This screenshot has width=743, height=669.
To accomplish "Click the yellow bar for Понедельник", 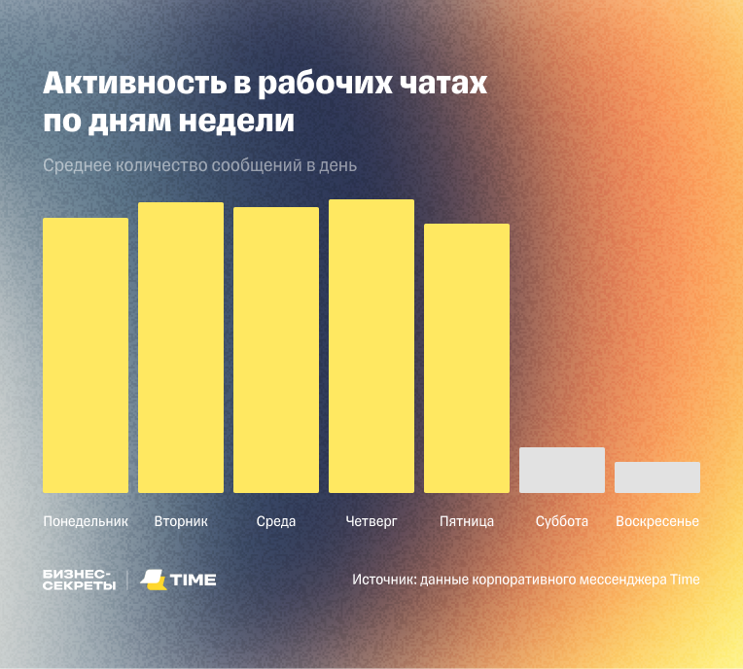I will click(86, 355).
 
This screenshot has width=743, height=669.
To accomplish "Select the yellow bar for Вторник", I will click(181, 347).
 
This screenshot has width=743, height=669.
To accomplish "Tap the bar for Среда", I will click(276, 350).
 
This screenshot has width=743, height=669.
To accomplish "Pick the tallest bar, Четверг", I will click(371, 346).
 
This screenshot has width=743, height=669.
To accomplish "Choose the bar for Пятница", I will click(467, 358).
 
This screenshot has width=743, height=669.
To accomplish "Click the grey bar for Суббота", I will click(562, 470).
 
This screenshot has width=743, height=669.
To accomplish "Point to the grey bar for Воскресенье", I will click(657, 477).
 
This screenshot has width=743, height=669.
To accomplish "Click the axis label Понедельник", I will click(86, 521).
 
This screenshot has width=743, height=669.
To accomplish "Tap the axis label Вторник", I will click(181, 521).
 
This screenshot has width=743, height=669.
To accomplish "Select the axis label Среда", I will click(276, 521).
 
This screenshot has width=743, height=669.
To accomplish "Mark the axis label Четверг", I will click(371, 521).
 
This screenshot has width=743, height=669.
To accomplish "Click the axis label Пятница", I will click(467, 521).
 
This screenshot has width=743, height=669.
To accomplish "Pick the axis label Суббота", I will click(562, 521).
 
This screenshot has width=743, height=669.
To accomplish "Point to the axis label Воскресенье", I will click(657, 521).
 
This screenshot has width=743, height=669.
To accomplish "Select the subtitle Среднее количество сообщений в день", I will click(199, 165).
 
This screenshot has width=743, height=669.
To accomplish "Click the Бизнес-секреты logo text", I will click(79, 580).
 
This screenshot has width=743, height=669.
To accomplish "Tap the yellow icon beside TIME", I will click(154, 580).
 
